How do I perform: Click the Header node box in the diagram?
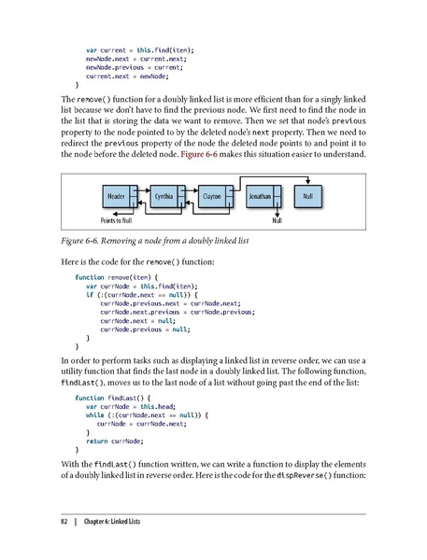pyautogui.click(x=116, y=197)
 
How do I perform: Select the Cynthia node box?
pyautogui.click(x=164, y=197)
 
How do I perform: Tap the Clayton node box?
pyautogui.click(x=211, y=197)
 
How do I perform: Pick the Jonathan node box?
pyautogui.click(x=260, y=197)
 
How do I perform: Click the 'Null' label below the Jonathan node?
pyautogui.click(x=277, y=220)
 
